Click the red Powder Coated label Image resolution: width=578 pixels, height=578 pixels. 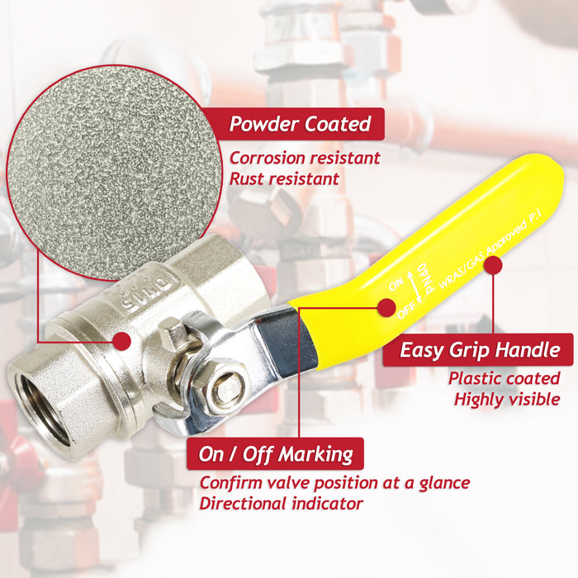[x=301, y=125]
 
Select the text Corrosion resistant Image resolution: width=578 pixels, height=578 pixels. [x=305, y=158]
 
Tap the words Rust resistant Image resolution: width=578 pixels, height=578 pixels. [x=284, y=178]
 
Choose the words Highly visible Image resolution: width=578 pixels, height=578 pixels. [x=507, y=400]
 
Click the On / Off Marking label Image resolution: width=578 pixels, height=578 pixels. [x=276, y=453]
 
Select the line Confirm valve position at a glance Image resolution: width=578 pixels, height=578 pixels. [x=334, y=482]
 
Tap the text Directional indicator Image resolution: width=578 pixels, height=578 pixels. [x=281, y=502]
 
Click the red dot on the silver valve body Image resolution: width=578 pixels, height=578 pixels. [x=122, y=340]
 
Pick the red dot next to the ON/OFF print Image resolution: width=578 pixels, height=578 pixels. [x=385, y=308]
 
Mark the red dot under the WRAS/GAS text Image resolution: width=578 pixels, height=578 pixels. [x=493, y=265]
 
